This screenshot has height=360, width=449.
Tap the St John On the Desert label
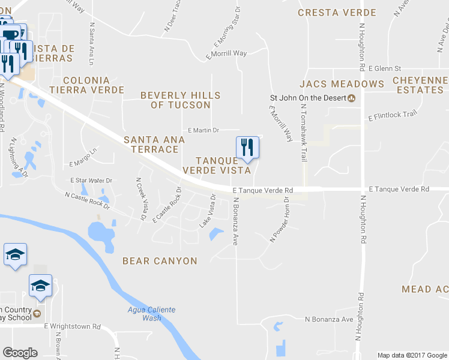pos(308,99)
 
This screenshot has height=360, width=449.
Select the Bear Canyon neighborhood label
pos(160,261)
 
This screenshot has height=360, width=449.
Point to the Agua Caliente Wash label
pos(145,314)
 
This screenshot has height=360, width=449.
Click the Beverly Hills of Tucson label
pos(181,100)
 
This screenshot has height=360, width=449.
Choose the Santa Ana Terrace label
pos(154,144)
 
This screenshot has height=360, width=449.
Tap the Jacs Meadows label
pos(342,84)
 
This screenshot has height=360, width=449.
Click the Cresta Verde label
pos(337,12)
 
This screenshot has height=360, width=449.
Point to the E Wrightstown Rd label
pos(72,326)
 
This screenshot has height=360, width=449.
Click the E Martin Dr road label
pos(203,130)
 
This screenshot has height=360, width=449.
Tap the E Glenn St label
pos(384,69)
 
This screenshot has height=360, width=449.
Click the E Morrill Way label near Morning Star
pos(226,53)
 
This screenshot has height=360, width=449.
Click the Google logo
pos(20,353)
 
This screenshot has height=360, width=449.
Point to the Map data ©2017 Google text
pos(412,355)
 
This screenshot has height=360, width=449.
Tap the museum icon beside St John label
pos(352,99)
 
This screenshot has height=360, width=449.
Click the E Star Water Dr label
pos(91,180)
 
